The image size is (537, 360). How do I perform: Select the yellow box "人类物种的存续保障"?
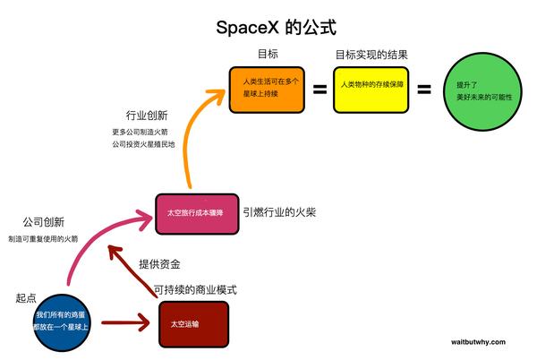(x=371, y=90)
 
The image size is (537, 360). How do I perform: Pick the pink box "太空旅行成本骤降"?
(x=196, y=214)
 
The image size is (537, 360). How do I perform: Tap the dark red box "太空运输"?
(x=192, y=324)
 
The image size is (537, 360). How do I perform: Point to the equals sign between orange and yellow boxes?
(x=319, y=90)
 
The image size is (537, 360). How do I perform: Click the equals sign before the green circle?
(x=424, y=90)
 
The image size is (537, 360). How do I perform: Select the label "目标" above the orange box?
(x=267, y=56)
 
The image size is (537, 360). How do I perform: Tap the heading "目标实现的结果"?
(x=371, y=56)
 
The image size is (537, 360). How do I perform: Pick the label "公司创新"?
(x=43, y=221)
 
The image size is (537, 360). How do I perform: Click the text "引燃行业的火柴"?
(x=279, y=213)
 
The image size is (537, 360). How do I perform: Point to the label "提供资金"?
(x=159, y=264)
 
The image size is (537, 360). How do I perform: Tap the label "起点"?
(x=26, y=297)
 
